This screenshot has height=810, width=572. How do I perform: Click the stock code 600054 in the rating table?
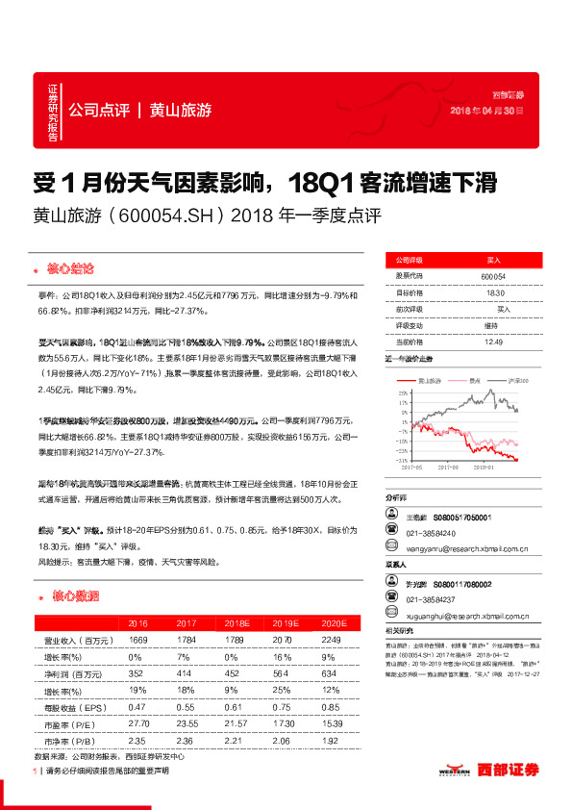pyautogui.click(x=492, y=276)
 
